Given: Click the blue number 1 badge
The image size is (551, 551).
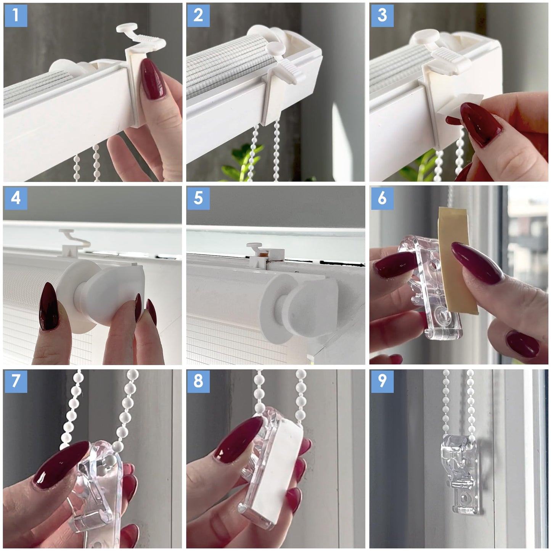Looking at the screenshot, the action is tap(16, 16).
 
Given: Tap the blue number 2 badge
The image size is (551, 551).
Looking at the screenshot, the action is tap(199, 16).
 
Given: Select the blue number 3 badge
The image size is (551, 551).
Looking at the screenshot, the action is tap(382, 16).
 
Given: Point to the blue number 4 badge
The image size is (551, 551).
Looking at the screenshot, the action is tap(16, 198).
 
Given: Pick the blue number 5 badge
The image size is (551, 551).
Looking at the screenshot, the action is tap(199, 198).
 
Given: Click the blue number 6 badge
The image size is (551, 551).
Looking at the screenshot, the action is tap(382, 198).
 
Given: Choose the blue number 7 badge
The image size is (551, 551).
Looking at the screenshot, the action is tap(16, 381).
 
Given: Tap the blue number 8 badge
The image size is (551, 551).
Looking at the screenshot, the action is tap(199, 381).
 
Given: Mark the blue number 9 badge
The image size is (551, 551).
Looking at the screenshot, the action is tap(382, 381).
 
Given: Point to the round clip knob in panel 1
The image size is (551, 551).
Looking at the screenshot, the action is tap(127, 28).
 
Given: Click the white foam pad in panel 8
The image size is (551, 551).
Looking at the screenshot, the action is tap(276, 469).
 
